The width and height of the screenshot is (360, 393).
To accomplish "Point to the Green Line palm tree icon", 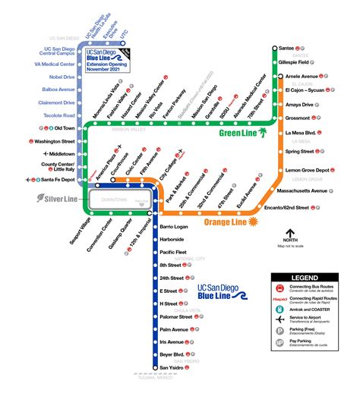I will coord(263,133).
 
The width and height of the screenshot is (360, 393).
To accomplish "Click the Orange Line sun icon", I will coord(252,221).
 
